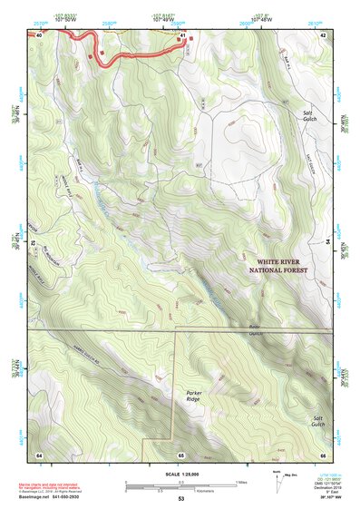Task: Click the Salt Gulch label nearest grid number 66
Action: pyautogui.click(x=313, y=423)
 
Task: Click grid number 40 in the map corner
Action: pyautogui.click(x=39, y=35)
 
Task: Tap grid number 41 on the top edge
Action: pyautogui.click(x=183, y=35)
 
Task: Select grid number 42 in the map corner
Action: pyautogui.click(x=322, y=35)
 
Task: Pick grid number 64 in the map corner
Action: pyautogui.click(x=39, y=454)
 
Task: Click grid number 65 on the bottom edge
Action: pyautogui.click(x=180, y=454)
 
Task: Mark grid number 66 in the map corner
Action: pyautogui.click(x=322, y=454)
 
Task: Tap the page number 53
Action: pyautogui.click(x=180, y=499)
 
